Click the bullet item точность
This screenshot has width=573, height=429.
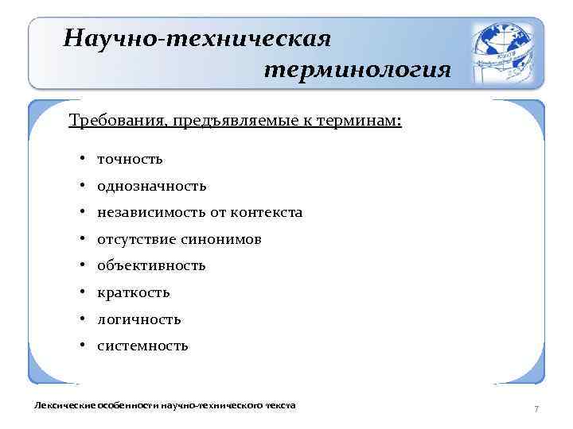tap(130, 159)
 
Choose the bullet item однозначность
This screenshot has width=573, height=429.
tap(151, 186)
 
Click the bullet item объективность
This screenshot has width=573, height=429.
tap(151, 266)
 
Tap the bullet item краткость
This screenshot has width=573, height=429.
tap(133, 293)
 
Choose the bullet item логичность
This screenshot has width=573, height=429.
tap(138, 319)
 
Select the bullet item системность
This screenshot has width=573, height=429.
tap(142, 346)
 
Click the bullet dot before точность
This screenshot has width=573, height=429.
tap(83, 159)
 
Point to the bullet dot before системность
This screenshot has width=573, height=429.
tap(83, 346)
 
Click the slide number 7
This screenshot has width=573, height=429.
tap(536, 408)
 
